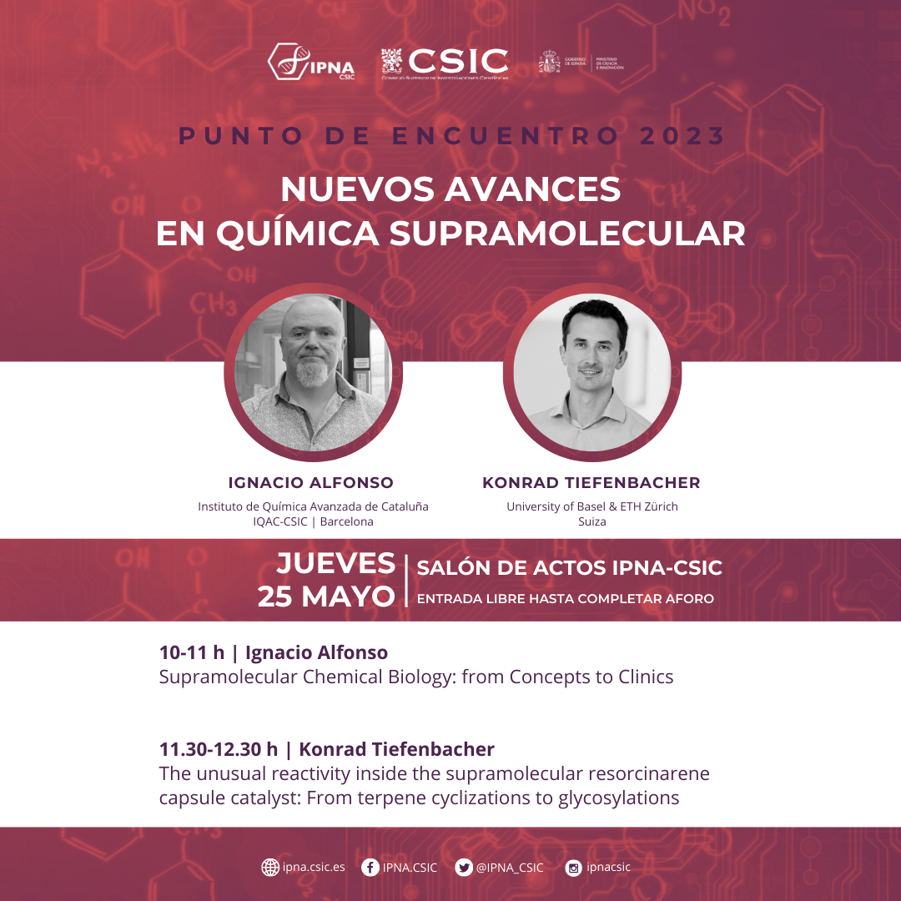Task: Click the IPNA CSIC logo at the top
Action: tap(310, 63)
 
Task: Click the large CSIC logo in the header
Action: tap(445, 63)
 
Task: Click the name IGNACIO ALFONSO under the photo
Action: tap(310, 483)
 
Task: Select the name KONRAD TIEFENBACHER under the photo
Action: tap(591, 483)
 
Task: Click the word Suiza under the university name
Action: tap(591, 522)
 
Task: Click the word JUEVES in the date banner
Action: tap(335, 564)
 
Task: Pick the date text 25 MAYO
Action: tap(326, 596)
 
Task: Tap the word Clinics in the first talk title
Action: tap(642, 677)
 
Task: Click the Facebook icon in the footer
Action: tap(370, 868)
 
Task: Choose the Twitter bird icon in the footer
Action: tap(464, 868)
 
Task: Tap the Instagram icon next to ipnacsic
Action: tap(573, 868)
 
